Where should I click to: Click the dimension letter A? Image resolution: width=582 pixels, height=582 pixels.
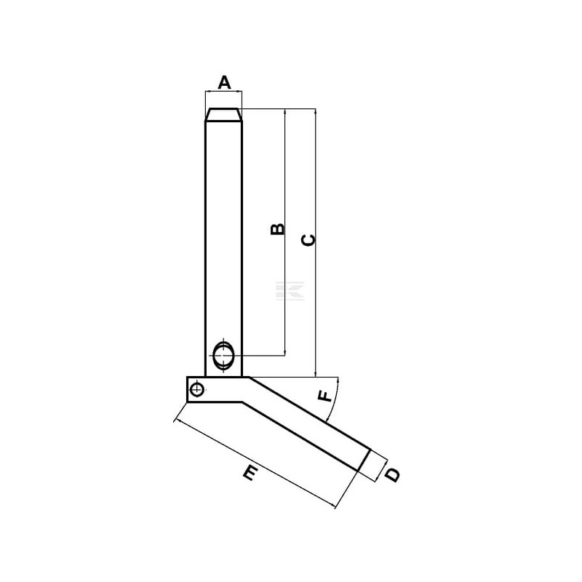click(224, 82)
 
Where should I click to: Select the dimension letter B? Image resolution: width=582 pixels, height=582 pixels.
click(277, 229)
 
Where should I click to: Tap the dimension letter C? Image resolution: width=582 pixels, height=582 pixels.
click(308, 240)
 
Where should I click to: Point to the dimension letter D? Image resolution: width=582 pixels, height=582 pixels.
click(392, 475)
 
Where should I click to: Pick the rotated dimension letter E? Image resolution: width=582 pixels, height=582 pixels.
click(251, 474)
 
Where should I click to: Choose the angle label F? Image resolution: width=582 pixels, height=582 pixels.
click(325, 396)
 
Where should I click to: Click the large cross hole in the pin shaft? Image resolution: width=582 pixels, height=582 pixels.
click(224, 356)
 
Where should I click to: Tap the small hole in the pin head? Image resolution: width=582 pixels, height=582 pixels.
click(196, 390)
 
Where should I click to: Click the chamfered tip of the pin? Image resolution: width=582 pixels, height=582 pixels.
click(224, 114)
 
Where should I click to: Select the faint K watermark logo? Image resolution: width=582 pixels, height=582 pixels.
click(290, 290)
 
